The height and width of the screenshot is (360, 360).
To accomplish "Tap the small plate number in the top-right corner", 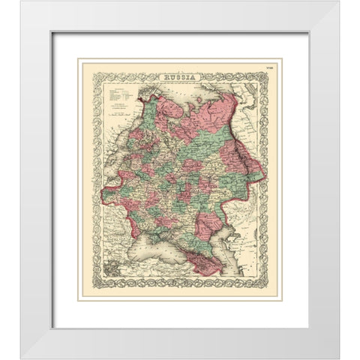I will [259, 72].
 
